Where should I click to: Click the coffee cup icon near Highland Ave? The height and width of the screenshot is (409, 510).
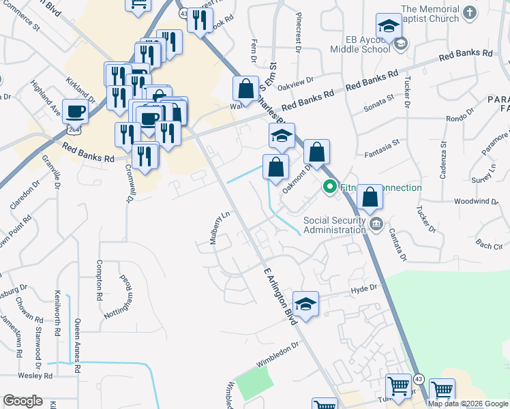click(x=75, y=110)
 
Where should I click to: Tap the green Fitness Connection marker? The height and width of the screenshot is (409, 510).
click(x=330, y=185)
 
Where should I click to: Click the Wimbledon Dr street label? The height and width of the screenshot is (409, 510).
click(x=277, y=355)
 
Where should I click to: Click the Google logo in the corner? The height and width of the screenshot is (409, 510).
click(x=22, y=401)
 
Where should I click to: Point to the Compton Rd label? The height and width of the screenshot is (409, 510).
click(x=100, y=281)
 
